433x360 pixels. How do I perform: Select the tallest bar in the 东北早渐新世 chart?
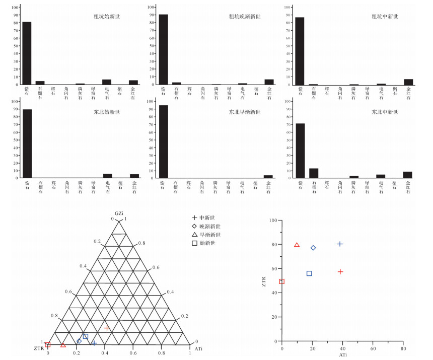click(163, 141)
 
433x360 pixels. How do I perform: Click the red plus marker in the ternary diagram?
click(107, 328)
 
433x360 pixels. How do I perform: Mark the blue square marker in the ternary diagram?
click(86, 336)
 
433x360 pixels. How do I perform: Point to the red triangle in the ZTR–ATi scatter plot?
click(297, 245)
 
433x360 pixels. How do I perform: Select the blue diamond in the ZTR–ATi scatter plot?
click(313, 248)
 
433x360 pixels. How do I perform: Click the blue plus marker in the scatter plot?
click(340, 244)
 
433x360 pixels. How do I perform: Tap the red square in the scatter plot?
click(282, 281)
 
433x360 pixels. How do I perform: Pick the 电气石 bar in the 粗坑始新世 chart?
click(106, 82)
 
